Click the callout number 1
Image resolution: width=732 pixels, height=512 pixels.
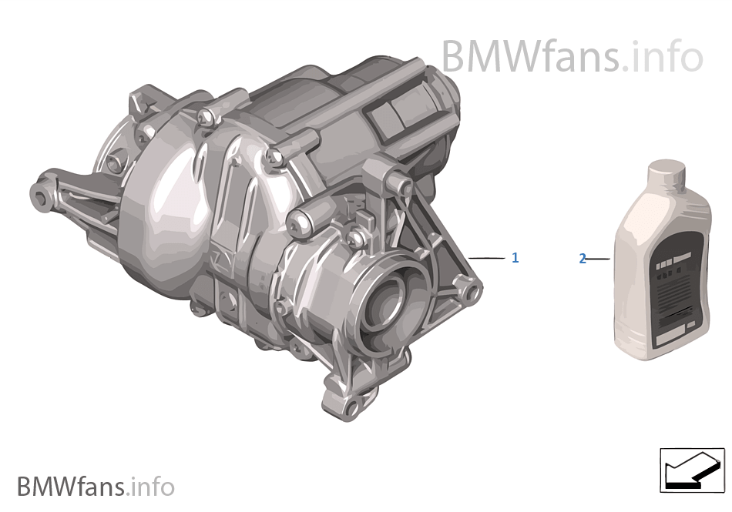click(515, 258)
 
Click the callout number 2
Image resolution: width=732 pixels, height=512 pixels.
click(583, 259)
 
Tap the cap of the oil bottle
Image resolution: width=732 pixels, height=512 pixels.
click(667, 172)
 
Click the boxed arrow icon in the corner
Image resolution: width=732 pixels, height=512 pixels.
click(692, 470)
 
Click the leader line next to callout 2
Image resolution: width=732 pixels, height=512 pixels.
click(598, 259)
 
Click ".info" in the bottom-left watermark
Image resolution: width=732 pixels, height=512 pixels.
click(152, 487)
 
